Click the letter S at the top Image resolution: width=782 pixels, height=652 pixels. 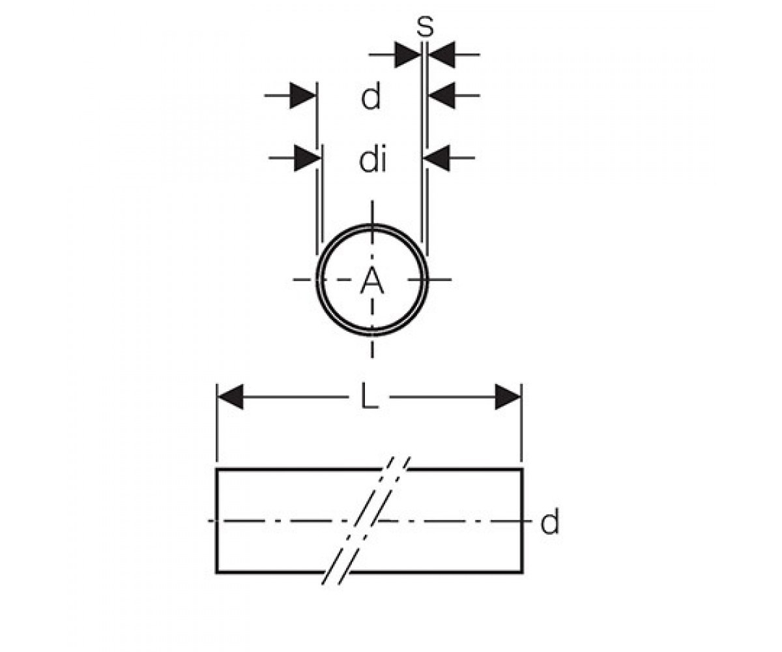425,27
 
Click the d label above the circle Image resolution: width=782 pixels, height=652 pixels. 371,96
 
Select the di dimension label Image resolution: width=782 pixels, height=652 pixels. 372,159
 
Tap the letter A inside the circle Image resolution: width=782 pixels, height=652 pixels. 372,282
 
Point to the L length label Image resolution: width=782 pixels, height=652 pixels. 369,396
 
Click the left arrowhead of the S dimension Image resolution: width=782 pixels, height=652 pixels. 407,55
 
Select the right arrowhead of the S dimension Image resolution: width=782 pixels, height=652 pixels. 442,55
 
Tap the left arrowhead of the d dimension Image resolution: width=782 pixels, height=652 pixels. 302,96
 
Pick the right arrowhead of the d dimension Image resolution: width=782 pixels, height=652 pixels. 442,96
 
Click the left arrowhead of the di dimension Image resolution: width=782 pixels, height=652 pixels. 308,158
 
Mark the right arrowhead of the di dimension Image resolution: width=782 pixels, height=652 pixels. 437,158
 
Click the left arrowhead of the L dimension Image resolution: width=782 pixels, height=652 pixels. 230,396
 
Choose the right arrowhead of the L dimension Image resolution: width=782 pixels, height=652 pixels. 508,396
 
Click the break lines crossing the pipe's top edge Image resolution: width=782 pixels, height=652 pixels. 394,468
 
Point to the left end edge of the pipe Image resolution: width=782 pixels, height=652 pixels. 216,521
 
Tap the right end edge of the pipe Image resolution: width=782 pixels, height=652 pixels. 522,521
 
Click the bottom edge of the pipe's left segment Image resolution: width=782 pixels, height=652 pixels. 270,572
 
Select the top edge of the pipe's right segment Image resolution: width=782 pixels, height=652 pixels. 465,469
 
